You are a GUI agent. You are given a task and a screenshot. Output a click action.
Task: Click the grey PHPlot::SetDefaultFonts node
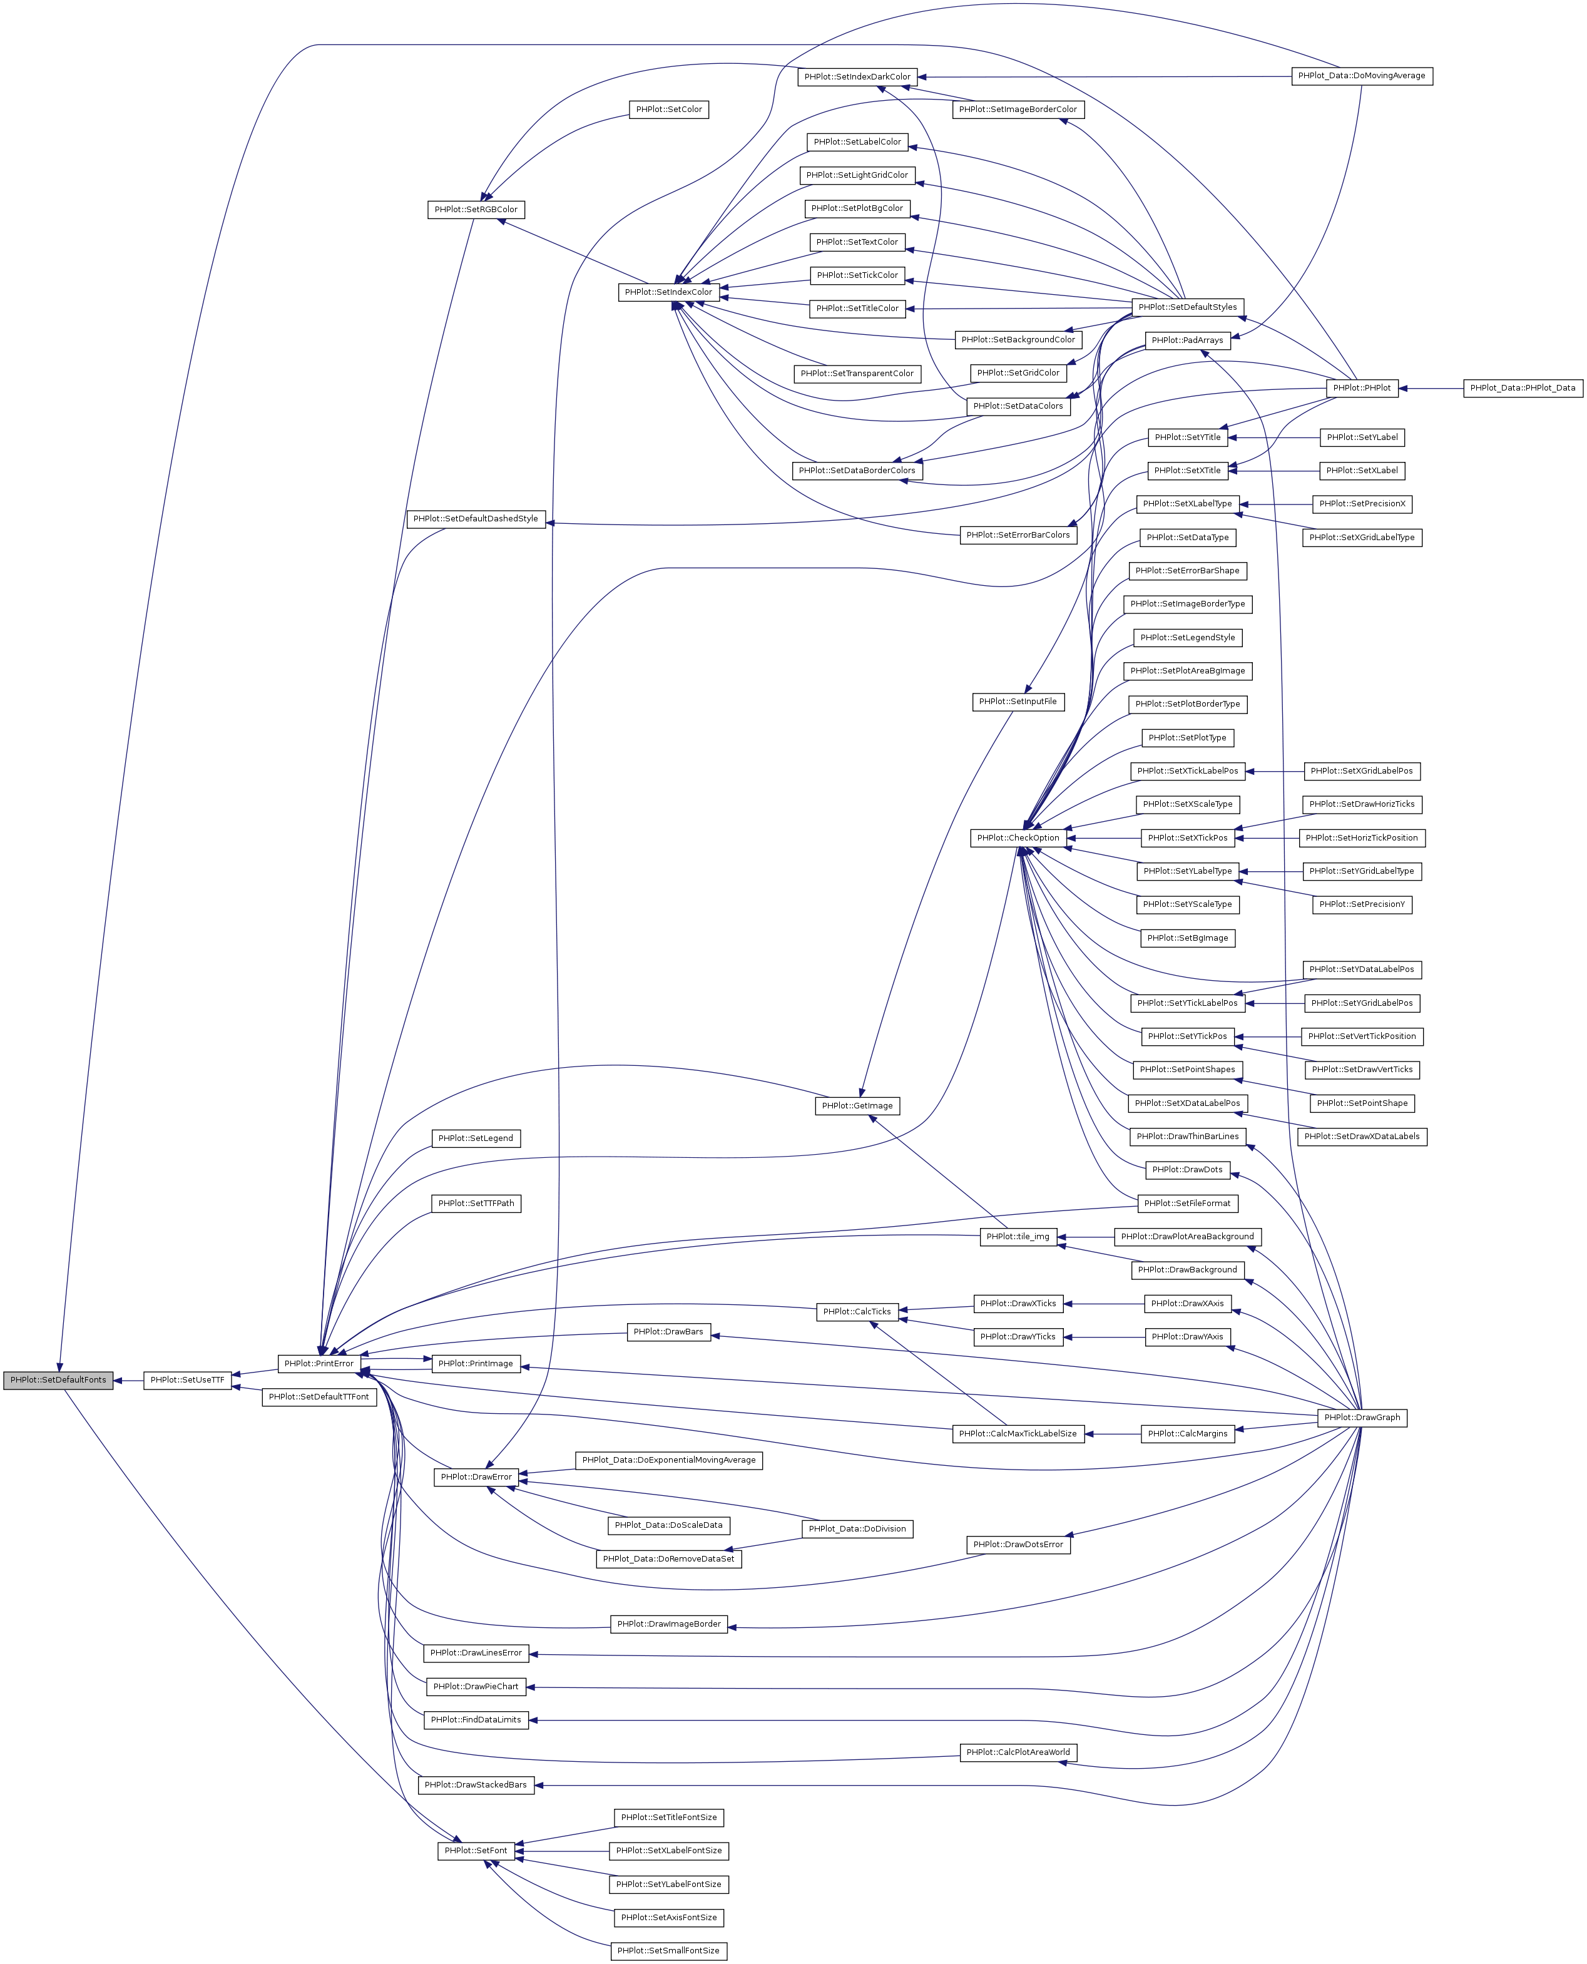(x=58, y=1379)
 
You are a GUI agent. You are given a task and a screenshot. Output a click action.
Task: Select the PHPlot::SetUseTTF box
(x=187, y=1379)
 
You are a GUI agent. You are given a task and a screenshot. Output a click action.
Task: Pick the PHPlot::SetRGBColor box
(x=476, y=210)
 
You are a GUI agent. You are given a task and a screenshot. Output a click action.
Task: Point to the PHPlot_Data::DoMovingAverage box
(x=1361, y=76)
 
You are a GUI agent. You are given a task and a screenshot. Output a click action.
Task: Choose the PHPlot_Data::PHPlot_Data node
(x=1522, y=387)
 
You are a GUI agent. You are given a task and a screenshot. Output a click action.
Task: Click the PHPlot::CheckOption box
(x=1018, y=837)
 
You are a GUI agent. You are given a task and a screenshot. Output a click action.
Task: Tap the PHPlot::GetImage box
(x=857, y=1105)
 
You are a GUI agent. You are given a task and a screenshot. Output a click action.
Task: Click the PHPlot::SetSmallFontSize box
(x=668, y=1950)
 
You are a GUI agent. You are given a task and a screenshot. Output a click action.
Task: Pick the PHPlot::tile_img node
(x=1018, y=1236)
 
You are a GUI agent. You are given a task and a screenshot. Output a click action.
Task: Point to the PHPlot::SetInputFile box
(x=1018, y=702)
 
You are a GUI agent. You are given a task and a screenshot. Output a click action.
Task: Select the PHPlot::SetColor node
(x=669, y=110)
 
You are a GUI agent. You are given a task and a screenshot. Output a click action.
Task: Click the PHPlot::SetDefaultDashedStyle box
(x=476, y=518)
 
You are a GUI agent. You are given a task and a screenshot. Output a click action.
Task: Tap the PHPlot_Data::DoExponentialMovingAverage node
(x=668, y=1460)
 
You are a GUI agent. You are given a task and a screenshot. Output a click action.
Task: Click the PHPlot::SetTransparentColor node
(x=857, y=373)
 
